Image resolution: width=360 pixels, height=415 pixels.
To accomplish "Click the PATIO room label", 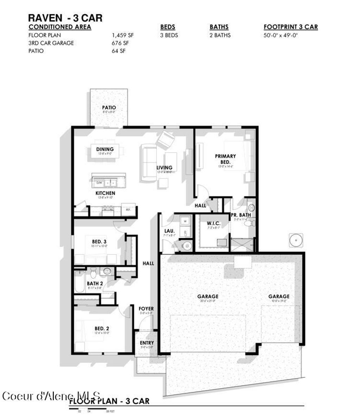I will [109, 108].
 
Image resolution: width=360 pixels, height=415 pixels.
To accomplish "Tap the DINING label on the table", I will [105, 149].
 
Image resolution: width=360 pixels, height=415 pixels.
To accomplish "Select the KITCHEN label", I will [105, 193].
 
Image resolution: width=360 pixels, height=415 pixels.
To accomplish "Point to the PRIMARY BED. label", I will [225, 159].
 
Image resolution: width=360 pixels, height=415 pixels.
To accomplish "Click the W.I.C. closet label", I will [214, 223].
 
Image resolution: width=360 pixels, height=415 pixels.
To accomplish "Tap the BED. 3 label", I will [99, 242].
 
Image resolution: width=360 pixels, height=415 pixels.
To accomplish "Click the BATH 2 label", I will [95, 283].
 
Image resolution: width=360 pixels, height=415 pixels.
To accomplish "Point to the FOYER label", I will [146, 309].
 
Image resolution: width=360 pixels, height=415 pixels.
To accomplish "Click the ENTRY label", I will [147, 343].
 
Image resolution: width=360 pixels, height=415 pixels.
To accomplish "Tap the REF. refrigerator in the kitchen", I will [128, 209].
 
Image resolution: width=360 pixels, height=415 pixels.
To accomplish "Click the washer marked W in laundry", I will [185, 221].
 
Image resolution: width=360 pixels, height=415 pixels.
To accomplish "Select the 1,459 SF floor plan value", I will [123, 35].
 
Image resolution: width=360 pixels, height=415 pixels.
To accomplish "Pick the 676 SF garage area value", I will [119, 43].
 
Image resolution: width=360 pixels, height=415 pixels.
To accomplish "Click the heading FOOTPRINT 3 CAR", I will [291, 27].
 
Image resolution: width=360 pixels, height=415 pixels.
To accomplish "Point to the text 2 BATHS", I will [220, 35].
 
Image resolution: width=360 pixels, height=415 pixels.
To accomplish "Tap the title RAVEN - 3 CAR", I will [65, 18].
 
